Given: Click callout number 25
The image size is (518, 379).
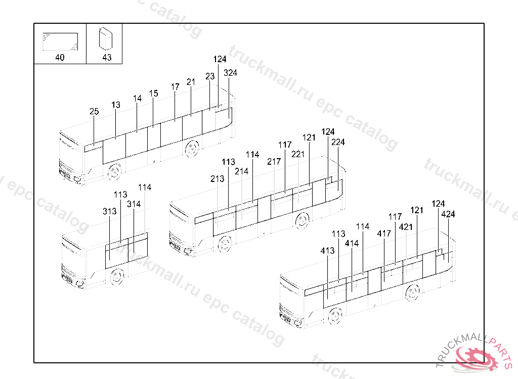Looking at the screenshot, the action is coord(94,112).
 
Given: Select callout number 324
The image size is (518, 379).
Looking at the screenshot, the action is coord(230,73).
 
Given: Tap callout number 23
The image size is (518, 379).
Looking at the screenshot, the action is coord(210,76).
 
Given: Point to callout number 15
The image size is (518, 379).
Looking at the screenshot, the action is coord(154,93).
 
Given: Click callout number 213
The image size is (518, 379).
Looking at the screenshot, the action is coord(218,179).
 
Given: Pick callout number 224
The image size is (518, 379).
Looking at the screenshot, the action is coord(338,143).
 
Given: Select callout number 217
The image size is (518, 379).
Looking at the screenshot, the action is coord(274,162).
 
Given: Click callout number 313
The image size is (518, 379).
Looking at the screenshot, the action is coord(110,211).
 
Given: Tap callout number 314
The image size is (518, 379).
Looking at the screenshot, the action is coord(134,204).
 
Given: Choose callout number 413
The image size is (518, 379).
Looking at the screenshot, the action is coord(327,251).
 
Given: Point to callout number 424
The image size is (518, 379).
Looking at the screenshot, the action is coord(448,214).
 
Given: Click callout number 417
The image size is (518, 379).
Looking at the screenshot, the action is coord(384,234).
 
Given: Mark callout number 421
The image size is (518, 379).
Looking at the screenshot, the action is coord(406,227).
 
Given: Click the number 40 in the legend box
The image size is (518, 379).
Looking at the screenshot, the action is coord(60,58).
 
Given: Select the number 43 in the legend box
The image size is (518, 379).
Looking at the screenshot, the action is coord(107,58).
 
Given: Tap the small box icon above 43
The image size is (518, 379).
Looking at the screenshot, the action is coord(106,38).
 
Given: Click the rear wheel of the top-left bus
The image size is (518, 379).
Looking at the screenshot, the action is coord(192,149).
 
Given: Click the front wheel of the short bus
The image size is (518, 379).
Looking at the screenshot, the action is coord(117,277).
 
